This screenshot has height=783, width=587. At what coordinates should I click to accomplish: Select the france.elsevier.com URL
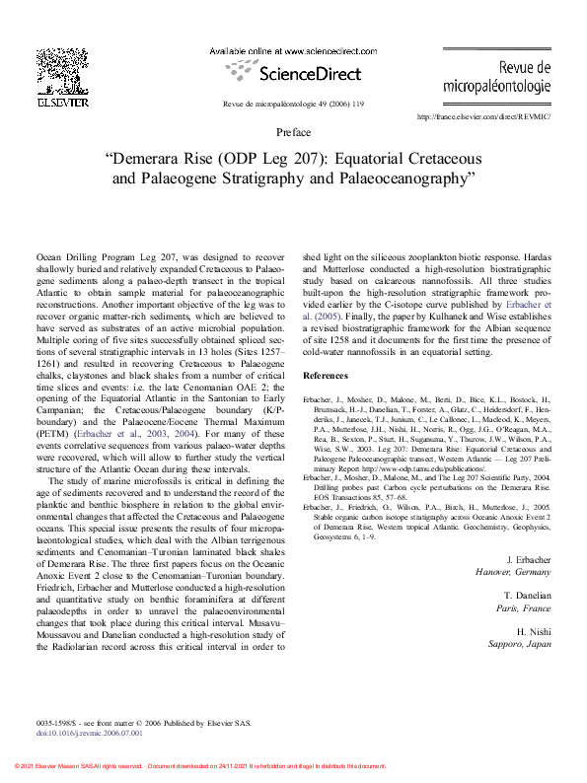483,117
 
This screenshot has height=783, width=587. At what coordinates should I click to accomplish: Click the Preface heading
293,132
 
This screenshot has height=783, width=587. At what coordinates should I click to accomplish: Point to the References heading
326,376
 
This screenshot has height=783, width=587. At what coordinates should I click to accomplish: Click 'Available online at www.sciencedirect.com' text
294,49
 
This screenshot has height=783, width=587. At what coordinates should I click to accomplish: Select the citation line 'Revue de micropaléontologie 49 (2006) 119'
293,104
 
